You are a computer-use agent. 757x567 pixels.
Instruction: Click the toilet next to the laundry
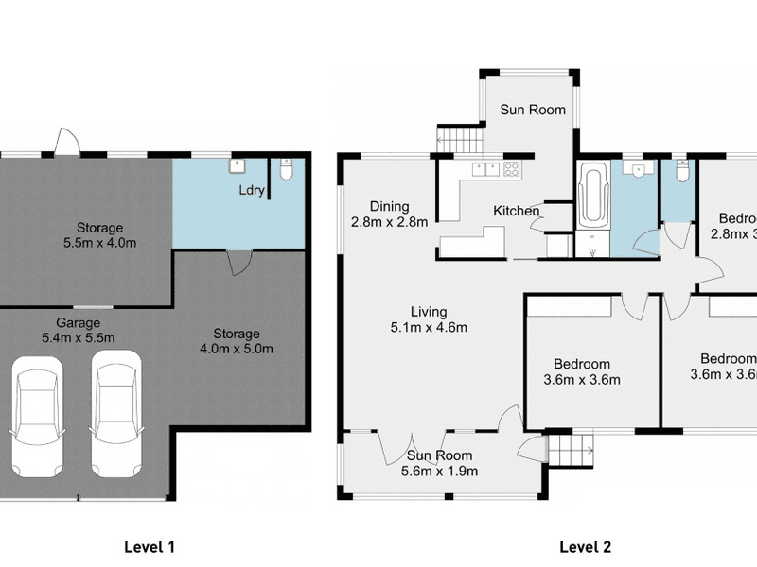[288, 169]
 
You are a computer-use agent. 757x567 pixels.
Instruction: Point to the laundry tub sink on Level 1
[236, 167]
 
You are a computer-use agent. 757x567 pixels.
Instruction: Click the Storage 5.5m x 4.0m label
[100, 235]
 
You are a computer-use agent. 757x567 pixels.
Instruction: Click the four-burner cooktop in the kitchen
[511, 171]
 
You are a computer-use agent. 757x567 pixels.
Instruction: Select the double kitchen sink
[486, 170]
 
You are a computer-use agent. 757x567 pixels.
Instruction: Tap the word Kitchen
[516, 211]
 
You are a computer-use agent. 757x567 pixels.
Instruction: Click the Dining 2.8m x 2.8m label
[389, 214]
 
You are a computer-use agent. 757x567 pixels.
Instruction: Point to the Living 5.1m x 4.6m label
[428, 319]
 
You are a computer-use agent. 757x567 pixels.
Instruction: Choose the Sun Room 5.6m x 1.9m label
[440, 464]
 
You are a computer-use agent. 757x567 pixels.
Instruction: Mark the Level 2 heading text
[585, 546]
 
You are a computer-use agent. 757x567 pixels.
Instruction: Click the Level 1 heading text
[150, 546]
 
